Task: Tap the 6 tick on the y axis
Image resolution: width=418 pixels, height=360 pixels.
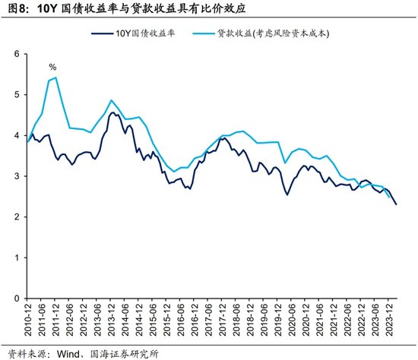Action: (x=17, y=55)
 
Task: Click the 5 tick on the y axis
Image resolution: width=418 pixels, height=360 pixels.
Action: (x=17, y=95)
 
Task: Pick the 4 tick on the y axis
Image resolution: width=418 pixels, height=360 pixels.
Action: (x=17, y=136)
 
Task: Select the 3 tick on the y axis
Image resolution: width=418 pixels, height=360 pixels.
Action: (x=17, y=176)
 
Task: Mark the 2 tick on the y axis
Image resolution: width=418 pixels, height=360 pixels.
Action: (x=17, y=217)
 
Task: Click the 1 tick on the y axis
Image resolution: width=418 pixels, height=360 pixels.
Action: (x=17, y=257)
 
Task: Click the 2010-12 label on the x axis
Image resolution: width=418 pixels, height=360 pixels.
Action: (x=28, y=319)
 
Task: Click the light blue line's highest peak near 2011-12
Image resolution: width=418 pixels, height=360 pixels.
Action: (x=56, y=77)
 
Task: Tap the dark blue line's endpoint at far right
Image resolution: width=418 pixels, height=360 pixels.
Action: (x=396, y=204)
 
